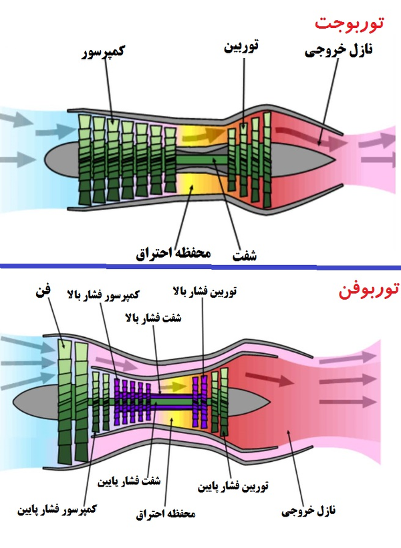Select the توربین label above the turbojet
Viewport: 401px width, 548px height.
(240, 46)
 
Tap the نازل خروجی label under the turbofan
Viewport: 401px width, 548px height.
(307, 511)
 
